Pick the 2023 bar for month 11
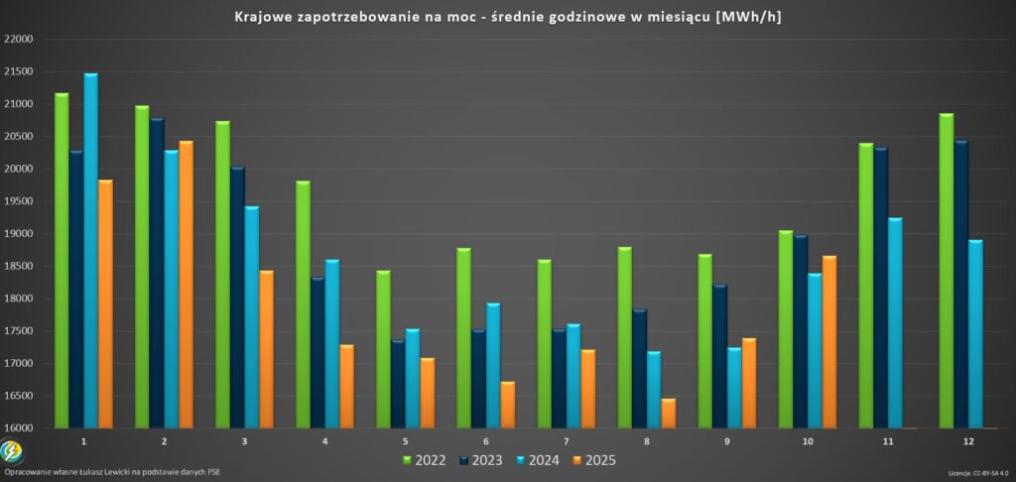tap(880, 288)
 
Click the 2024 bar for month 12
tap(975, 333)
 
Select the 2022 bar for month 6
tap(463, 337)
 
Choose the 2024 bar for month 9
tap(733, 387)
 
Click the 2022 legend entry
tap(424, 460)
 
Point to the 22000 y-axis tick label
tap(19, 40)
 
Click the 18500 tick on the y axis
tap(19, 267)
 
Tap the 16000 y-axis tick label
tap(19, 428)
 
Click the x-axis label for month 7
tap(566, 439)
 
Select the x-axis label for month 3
tap(244, 439)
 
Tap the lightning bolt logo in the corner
tap(12, 452)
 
